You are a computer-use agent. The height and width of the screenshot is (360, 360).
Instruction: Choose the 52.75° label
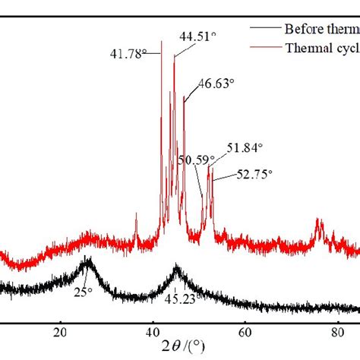tap(254, 174)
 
